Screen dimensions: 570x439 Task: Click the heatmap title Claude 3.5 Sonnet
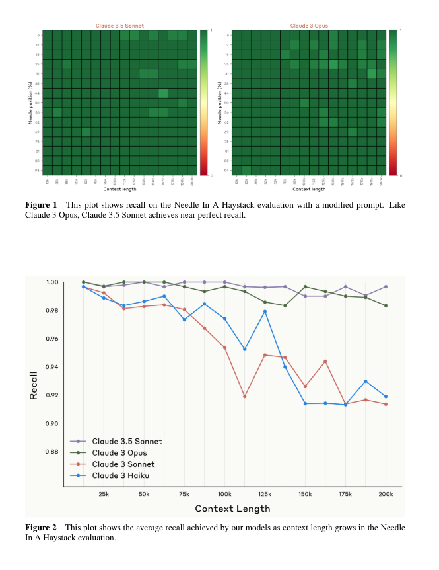(119, 26)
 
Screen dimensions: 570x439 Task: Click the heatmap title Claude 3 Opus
(309, 26)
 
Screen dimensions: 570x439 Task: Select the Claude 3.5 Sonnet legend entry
(127, 441)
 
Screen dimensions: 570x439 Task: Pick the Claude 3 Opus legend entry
(119, 452)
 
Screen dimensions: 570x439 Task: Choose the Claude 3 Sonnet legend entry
(123, 464)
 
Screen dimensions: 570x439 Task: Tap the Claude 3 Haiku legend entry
(121, 475)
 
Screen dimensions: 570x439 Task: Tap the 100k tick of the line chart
(224, 494)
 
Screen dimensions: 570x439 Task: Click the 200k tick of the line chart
(386, 494)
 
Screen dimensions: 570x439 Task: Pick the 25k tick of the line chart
(104, 494)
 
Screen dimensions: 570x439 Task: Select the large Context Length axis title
(232, 509)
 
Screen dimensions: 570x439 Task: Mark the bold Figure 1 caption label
(41, 205)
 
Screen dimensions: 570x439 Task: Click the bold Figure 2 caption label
(41, 528)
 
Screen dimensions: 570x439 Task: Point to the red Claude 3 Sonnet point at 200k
(386, 404)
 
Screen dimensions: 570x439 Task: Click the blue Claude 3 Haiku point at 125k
(265, 311)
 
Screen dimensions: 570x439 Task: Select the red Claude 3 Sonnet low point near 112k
(245, 397)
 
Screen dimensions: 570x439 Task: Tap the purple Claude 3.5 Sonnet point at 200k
(386, 286)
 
